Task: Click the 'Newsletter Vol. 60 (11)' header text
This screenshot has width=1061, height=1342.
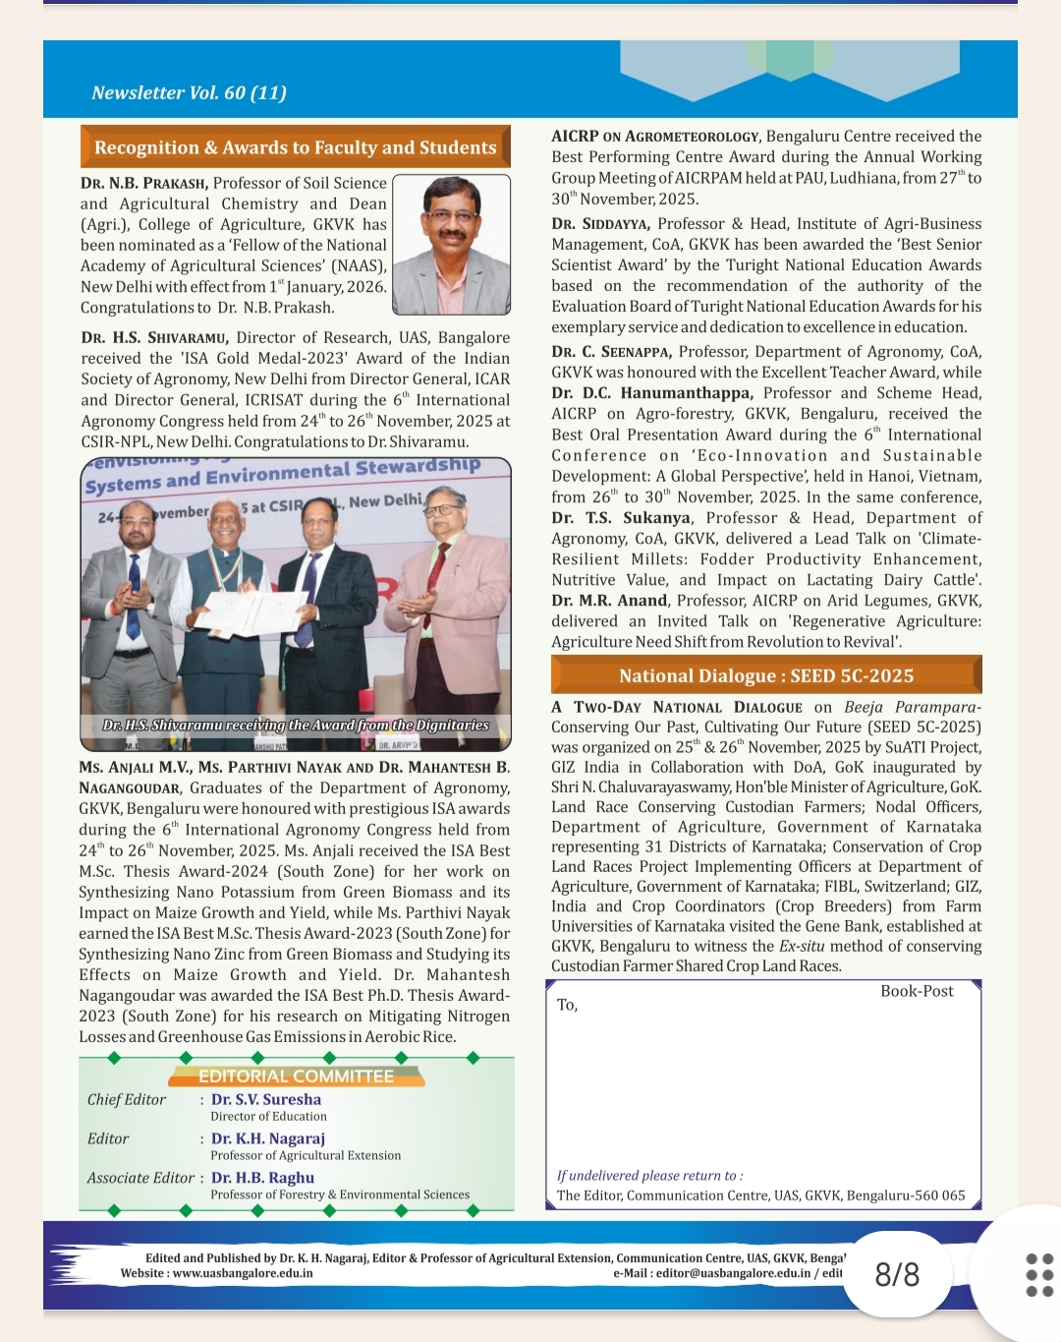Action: pos(189,93)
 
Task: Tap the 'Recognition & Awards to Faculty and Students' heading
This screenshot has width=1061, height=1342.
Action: pos(295,147)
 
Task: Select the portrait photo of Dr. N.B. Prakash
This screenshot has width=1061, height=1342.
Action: pos(451,244)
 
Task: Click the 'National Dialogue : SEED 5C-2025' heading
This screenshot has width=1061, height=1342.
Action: pos(766,675)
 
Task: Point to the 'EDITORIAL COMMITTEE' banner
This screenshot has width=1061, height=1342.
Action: pos(296,1076)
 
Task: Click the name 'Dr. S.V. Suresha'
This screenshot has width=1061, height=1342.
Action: pos(266,1099)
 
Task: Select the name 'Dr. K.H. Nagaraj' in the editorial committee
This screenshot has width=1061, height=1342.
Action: pos(268,1138)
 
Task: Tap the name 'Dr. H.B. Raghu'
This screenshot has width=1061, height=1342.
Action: pos(263,1178)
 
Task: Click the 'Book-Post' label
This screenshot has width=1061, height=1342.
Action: pos(917,991)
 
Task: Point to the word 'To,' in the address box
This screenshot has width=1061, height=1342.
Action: pos(567,1005)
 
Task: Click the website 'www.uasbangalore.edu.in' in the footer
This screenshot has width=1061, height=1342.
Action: pos(243,1273)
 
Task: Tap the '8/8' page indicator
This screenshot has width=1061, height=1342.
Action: pos(897,1275)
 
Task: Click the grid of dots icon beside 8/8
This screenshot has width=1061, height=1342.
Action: pos(1039,1275)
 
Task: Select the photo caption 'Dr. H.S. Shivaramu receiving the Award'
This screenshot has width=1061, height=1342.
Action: pos(296,725)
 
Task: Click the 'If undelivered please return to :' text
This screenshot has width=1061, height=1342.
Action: pos(649,1176)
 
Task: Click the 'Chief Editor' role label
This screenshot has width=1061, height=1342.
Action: pos(127,1099)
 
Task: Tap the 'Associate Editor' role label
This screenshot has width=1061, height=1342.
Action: pos(140,1178)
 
